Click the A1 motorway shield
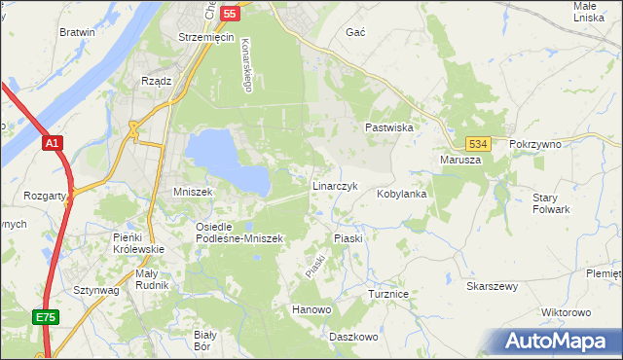[x=53, y=143]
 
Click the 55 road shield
[x=230, y=14]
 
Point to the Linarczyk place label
[x=335, y=185]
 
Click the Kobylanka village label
[x=402, y=194]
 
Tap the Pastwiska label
[x=389, y=127]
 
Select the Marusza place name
[x=460, y=160]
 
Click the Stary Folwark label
[x=551, y=203]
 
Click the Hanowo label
[x=311, y=309]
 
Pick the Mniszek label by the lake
[x=193, y=192]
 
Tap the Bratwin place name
[x=77, y=32]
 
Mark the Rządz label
[x=156, y=82]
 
